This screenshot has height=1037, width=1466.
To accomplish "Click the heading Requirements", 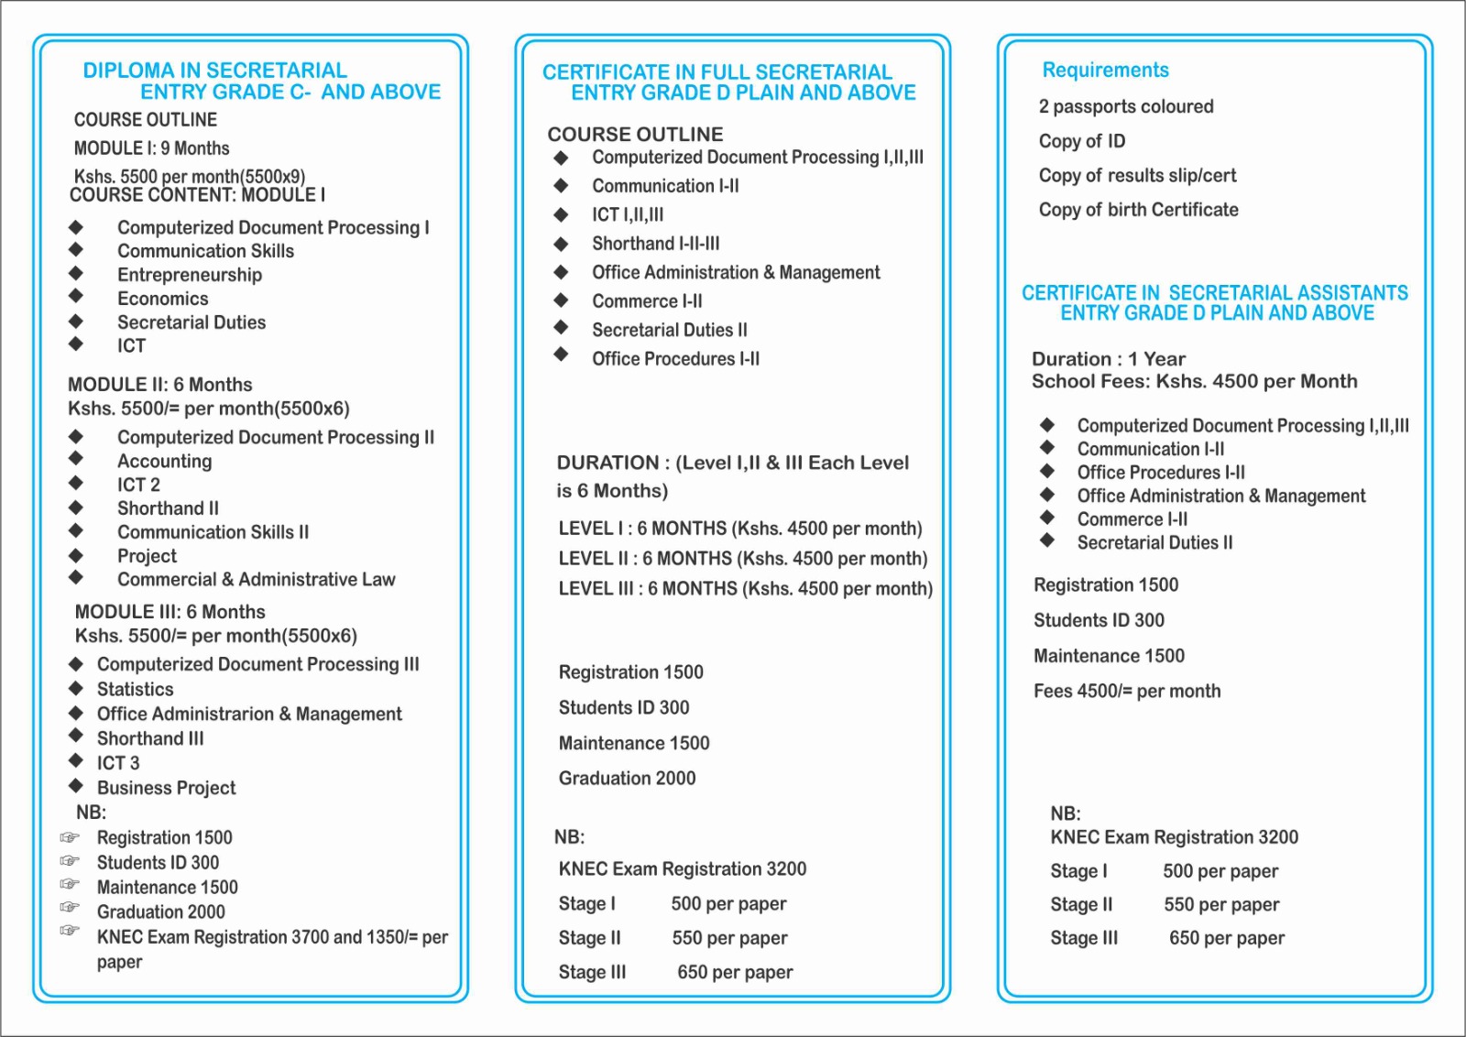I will (1105, 71).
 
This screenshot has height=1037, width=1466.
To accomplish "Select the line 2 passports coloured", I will (1125, 107).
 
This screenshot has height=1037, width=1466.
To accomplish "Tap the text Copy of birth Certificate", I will (1138, 210).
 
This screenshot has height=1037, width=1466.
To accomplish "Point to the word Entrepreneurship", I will (190, 275).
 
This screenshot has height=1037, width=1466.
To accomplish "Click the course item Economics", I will (163, 299).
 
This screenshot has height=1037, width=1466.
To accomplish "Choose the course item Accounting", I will (165, 461).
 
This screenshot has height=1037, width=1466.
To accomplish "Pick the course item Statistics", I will (136, 689).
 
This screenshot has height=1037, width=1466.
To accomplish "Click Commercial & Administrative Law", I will (256, 579).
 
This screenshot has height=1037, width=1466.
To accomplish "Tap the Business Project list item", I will (167, 788).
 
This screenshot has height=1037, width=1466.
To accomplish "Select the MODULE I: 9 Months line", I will (152, 148).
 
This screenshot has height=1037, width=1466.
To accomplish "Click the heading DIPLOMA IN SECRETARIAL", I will (214, 71).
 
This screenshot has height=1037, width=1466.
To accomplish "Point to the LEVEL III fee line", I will (745, 588).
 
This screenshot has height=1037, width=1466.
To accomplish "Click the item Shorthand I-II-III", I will (656, 244).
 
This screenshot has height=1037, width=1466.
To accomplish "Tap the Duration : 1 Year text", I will (1108, 359).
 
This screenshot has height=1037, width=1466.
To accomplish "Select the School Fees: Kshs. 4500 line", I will (1194, 381).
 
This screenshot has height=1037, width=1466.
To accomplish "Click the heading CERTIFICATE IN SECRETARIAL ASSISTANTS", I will (1214, 293).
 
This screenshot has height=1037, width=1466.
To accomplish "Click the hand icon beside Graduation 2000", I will (70, 907).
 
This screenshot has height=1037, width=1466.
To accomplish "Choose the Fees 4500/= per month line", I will (1127, 691).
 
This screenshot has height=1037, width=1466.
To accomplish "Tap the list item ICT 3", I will (118, 763).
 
